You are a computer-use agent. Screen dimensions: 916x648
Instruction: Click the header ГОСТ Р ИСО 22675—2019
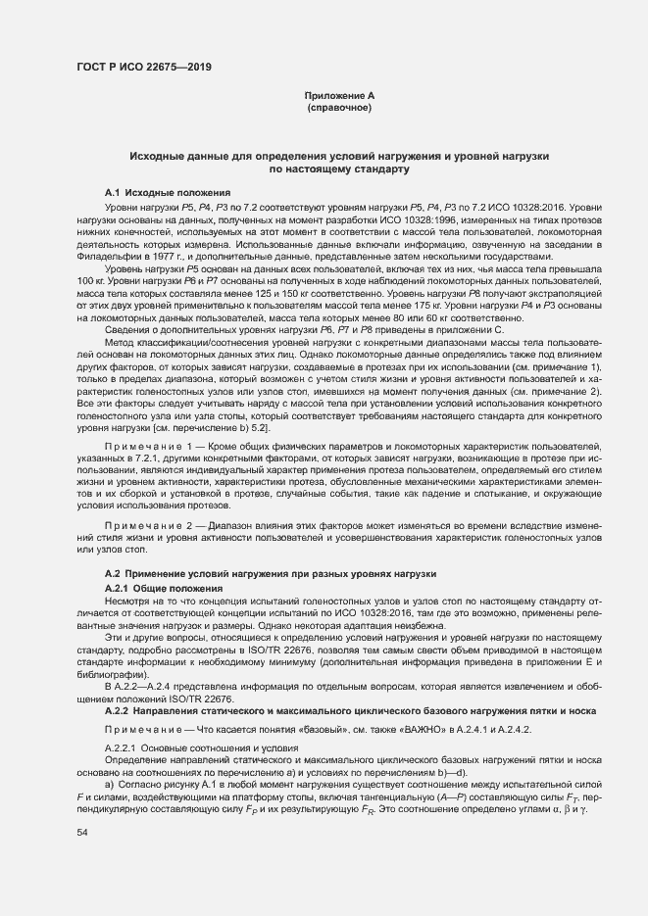[143, 67]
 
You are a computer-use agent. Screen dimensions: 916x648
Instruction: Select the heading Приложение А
[339, 95]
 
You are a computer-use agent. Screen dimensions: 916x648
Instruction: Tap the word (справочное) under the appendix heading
[339, 107]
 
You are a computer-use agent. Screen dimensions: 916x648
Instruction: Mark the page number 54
[82, 832]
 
